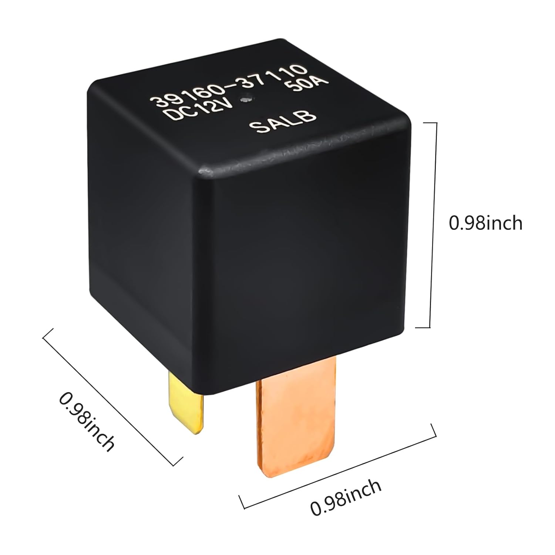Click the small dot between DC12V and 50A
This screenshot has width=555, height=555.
click(244, 99)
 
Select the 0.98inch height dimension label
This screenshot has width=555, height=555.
click(485, 223)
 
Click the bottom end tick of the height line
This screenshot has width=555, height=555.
click(425, 327)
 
